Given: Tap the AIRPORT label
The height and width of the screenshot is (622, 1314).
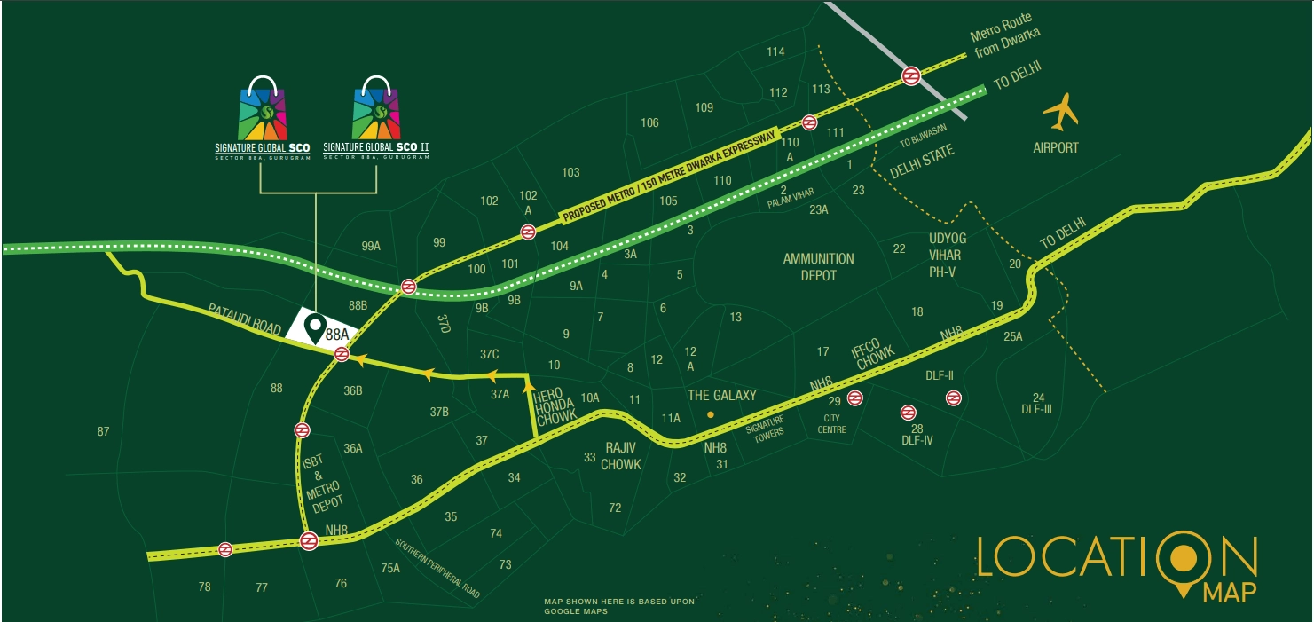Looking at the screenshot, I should pos(1056,147).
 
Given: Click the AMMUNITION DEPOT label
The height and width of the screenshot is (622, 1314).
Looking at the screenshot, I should pos(818,266).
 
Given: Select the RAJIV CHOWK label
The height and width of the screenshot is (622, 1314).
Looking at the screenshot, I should pos(621,455).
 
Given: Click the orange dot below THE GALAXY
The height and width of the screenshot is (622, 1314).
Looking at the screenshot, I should pos(710,414).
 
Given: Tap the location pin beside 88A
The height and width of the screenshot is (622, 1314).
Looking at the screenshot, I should pos(314,329).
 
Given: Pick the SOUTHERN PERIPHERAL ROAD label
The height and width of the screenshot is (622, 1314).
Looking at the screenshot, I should pos(437,568).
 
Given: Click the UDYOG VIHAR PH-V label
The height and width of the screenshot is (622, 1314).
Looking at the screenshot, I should pos(948,255).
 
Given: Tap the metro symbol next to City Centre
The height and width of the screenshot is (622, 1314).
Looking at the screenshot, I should pos(854,398).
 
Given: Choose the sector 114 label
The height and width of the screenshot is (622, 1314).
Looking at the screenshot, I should pos(775,51).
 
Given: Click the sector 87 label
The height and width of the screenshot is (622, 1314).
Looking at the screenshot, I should pos(104,431).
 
